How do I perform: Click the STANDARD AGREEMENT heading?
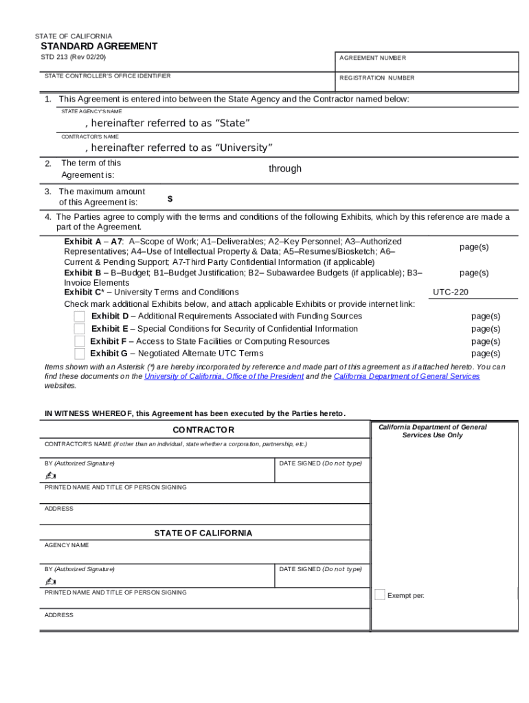tap(99, 46)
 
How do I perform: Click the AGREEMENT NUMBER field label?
tap(372, 58)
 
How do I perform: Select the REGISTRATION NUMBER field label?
tap(376, 78)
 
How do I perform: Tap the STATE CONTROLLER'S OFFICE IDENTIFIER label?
tap(107, 76)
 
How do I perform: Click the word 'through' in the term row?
tap(284, 169)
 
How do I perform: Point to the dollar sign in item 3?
tap(170, 199)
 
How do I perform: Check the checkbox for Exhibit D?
tap(80, 316)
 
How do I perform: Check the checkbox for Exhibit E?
tap(80, 329)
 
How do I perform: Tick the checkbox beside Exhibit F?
tap(80, 341)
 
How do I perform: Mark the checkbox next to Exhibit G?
tap(80, 354)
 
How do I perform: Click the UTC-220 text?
tap(451, 292)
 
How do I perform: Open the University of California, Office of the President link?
tap(224, 376)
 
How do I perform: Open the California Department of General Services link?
tap(407, 376)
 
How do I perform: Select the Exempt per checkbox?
tap(380, 595)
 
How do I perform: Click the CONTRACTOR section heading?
tap(203, 430)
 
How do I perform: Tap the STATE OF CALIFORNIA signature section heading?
tap(203, 533)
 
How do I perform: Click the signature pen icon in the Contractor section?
tap(50, 476)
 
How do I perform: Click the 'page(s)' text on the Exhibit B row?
tap(474, 273)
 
